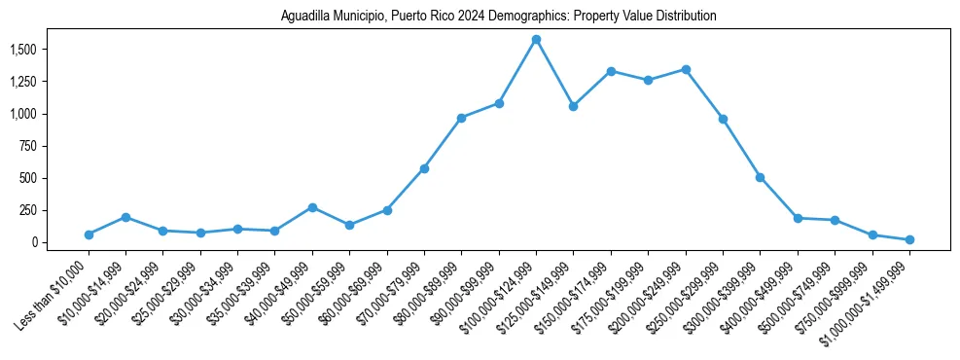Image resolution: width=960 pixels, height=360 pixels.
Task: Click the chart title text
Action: tap(498, 17)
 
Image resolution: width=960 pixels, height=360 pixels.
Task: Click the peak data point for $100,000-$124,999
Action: tap(536, 40)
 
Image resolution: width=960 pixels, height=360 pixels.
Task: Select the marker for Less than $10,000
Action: tap(89, 234)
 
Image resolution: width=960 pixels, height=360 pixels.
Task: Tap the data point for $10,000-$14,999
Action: tap(125, 217)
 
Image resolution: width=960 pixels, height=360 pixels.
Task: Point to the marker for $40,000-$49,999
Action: tap(312, 207)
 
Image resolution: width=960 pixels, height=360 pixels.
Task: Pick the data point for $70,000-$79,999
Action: tap(424, 168)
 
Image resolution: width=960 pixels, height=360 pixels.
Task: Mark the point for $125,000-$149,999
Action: tap(573, 106)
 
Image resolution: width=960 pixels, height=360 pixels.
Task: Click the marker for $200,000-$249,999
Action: tap(686, 70)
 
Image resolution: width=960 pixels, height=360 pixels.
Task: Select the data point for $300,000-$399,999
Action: tap(760, 177)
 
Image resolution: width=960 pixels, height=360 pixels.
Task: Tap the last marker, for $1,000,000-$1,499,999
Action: tap(909, 239)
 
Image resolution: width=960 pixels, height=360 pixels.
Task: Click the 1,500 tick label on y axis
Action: tap(23, 50)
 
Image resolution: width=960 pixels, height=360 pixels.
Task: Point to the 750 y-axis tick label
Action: tap(29, 146)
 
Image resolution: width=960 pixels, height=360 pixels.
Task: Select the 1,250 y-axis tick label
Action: tap(23, 82)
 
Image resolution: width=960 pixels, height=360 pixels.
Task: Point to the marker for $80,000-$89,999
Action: tap(461, 118)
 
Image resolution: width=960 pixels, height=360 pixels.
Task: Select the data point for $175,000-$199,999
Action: tap(648, 80)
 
